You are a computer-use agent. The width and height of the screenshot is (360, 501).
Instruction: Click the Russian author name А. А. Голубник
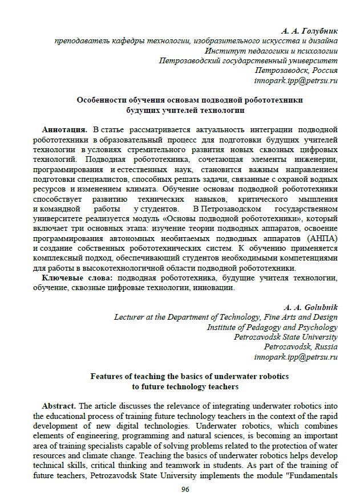tap(309, 30)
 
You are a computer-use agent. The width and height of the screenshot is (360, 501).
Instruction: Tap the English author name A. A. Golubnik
tap(311, 307)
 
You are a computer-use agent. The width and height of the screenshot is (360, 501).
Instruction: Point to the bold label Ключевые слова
tap(77, 278)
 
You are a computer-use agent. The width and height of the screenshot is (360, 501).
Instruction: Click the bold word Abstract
tap(59, 406)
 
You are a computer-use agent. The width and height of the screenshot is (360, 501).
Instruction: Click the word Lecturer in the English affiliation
tap(131, 317)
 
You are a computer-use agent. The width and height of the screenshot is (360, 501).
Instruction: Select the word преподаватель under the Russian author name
tap(82, 40)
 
